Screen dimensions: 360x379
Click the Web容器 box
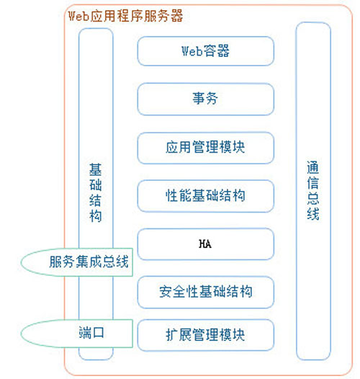[206, 51]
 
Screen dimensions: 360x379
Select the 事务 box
[206, 99]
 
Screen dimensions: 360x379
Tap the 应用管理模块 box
[206, 148]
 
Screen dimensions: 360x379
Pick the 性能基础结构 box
[206, 196]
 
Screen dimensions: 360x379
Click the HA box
[206, 244]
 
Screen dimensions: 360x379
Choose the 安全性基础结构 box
[206, 292]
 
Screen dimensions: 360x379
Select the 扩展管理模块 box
[206, 335]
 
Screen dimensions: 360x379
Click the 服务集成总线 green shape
[77, 262]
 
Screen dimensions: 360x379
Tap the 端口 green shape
[77, 334]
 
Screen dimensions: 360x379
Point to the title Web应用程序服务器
[125, 16]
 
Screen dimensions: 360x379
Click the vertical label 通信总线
[313, 190]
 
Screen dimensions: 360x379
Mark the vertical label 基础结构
[96, 192]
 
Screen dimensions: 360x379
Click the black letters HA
[205, 244]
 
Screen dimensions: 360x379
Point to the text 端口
[91, 333]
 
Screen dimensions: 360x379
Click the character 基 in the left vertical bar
[96, 169]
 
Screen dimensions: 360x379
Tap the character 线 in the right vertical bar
[313, 213]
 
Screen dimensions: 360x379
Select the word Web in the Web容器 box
[192, 51]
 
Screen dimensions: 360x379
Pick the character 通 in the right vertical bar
[313, 167]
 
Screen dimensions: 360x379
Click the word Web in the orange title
[78, 16]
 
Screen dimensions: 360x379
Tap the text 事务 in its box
[205, 99]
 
